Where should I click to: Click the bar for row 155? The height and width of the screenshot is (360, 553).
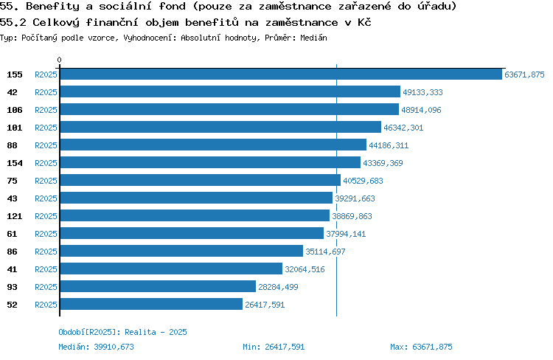(x=281, y=74)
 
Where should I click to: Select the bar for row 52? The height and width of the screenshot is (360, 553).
(x=151, y=304)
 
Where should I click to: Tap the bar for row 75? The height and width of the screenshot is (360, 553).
(x=201, y=180)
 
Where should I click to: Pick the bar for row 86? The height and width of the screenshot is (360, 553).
(x=181, y=251)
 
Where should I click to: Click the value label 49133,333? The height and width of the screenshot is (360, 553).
(x=422, y=92)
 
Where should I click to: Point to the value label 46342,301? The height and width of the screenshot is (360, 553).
(x=403, y=128)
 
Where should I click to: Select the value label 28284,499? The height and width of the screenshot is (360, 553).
(x=278, y=287)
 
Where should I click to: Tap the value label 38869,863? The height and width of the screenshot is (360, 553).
(x=352, y=216)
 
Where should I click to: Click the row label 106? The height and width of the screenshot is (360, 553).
(x=15, y=110)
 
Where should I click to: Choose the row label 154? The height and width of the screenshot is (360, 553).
(x=15, y=163)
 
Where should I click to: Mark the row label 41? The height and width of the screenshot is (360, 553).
(x=12, y=269)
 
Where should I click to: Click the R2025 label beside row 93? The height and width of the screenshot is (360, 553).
(x=46, y=287)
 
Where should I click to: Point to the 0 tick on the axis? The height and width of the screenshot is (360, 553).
(x=59, y=60)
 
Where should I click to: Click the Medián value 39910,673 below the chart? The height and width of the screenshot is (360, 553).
(x=114, y=347)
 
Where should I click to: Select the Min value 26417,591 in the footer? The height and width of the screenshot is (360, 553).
(x=285, y=347)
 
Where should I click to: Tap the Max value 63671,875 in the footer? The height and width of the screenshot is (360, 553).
(x=432, y=347)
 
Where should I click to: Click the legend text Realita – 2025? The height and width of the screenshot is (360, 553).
(x=156, y=332)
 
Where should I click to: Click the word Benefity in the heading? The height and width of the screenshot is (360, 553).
(x=52, y=6)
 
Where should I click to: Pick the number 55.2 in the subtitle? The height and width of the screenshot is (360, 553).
(x=13, y=22)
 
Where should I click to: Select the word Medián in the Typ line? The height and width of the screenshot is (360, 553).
(x=313, y=38)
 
